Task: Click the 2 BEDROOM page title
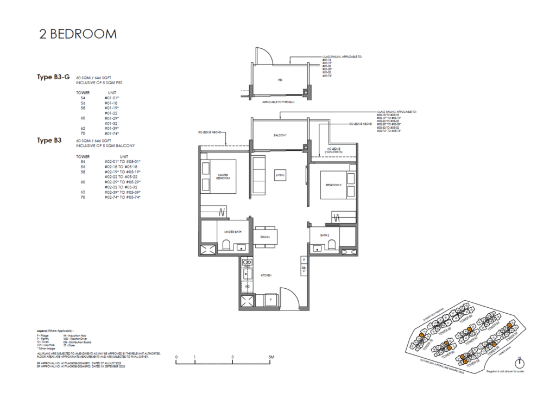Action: tap(78, 34)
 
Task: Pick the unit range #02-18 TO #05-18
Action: tap(122, 167)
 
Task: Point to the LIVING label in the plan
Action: tap(280, 175)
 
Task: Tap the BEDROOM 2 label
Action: tap(332, 185)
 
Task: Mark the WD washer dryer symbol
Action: tap(247, 286)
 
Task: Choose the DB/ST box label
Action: tap(304, 270)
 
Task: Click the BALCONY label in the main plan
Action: tap(280, 135)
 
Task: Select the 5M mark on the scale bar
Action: tap(271, 357)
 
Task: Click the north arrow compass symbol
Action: tap(520, 363)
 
